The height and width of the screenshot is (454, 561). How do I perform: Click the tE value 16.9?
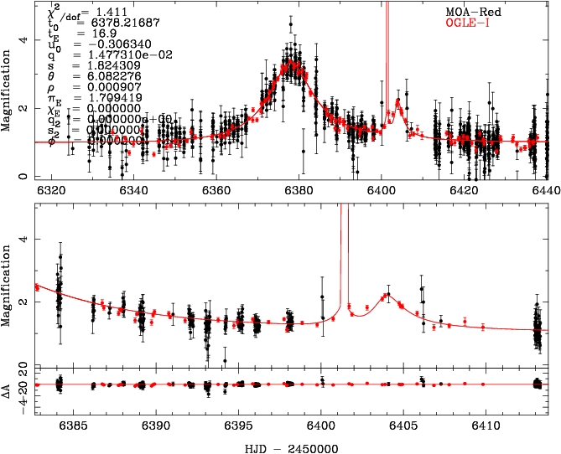[x=88, y=32]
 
